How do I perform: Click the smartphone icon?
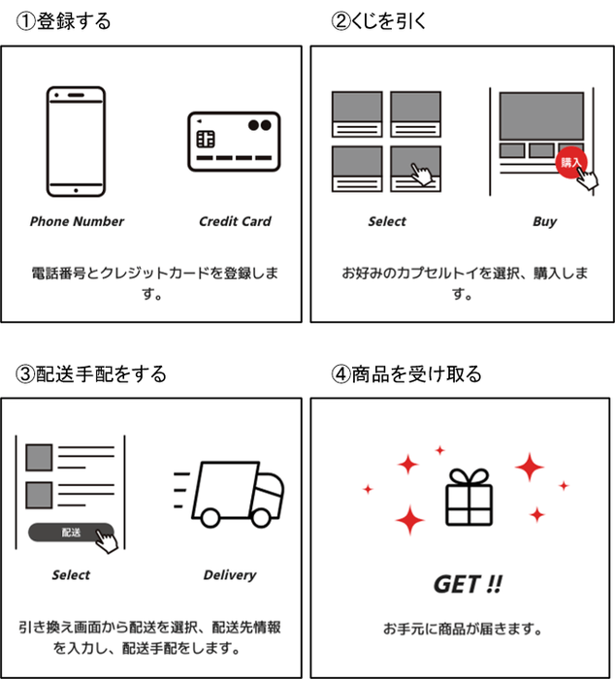(77, 142)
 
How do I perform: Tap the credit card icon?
(234, 142)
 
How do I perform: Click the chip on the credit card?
(206, 139)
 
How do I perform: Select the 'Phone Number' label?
(77, 221)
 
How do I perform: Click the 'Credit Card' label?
(235, 221)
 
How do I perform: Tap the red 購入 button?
(571, 162)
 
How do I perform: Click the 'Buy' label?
(544, 222)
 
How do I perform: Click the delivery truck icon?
(229, 494)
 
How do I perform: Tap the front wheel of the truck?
(261, 518)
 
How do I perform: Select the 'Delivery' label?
(230, 575)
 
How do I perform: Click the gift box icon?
(469, 497)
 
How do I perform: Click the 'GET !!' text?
(468, 584)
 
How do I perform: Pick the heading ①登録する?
(63, 20)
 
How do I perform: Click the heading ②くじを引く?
(378, 20)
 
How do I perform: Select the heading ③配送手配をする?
(91, 374)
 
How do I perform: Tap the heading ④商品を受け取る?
(406, 374)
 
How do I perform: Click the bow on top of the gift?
(469, 477)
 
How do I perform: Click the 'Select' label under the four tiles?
(387, 222)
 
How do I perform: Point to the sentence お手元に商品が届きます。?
(463, 629)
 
